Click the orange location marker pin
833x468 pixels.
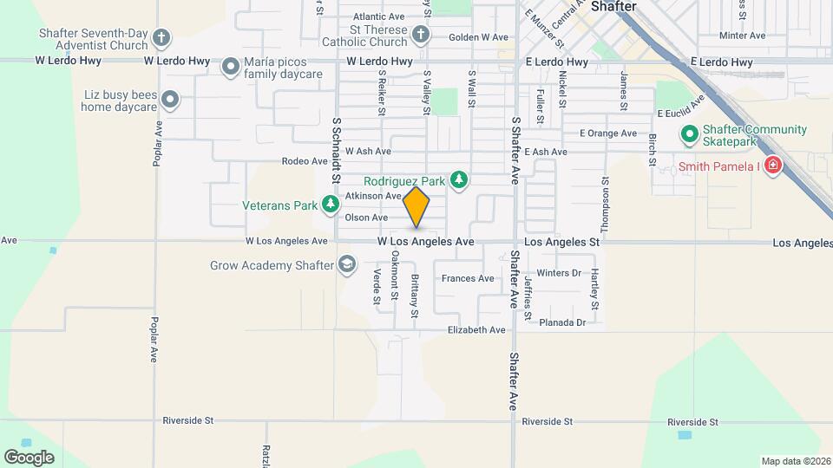point(416,207)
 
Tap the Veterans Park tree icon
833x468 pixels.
point(331,205)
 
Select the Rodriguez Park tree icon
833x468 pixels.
point(459,180)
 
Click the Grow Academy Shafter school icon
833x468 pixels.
point(347,263)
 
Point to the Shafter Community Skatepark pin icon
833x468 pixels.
point(689,135)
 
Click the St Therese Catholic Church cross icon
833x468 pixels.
point(421,36)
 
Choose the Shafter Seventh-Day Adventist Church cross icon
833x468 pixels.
point(161,37)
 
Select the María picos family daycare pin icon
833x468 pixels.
point(231,67)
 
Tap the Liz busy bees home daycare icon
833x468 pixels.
point(171,101)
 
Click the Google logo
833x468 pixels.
point(29,457)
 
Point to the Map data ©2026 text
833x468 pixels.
point(795,461)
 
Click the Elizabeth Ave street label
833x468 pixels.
point(476,330)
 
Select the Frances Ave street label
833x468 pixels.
point(468,278)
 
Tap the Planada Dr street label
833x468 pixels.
point(562,322)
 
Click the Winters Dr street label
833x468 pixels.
point(559,273)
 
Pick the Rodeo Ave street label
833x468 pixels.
point(303,161)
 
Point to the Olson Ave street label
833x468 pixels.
point(366,218)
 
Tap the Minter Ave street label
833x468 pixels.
point(743,36)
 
